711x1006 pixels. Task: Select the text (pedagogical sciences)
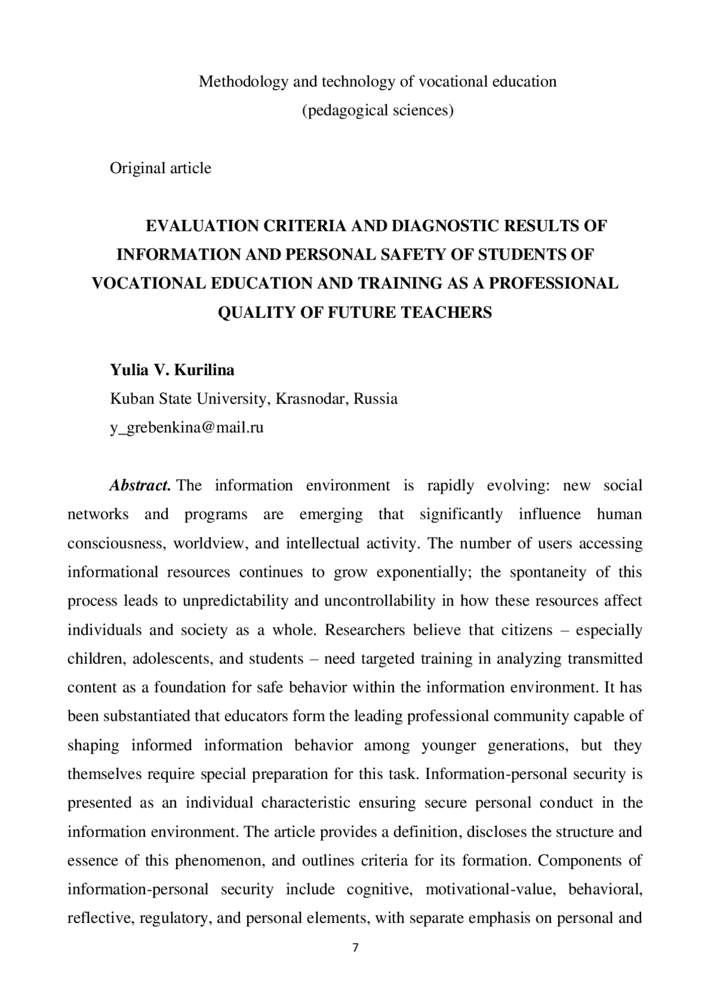coord(377,110)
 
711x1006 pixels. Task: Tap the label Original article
coord(161,168)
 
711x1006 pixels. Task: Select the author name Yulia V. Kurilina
coord(172,370)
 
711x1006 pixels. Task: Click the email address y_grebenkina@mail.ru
coord(187,427)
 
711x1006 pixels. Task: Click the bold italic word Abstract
coord(140,486)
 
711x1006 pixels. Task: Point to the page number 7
coord(355,948)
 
